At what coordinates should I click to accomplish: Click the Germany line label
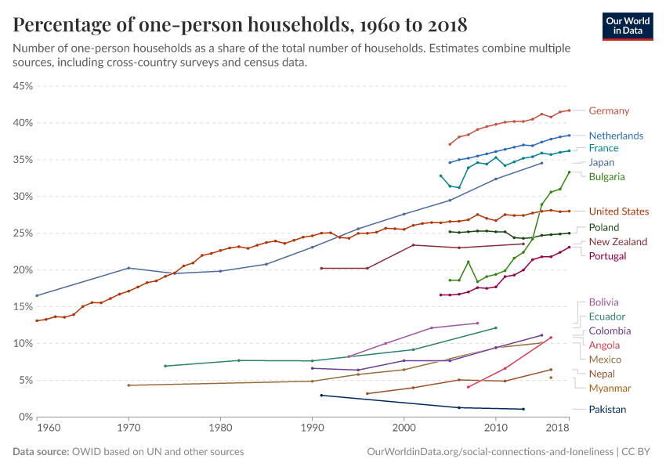coord(609,110)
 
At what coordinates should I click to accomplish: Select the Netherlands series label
coord(616,136)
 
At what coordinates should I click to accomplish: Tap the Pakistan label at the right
coord(607,409)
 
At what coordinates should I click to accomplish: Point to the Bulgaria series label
coord(607,177)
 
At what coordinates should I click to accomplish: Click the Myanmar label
coord(610,389)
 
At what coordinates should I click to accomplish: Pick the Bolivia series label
coord(603,302)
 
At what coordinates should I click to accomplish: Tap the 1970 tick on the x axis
coord(128,428)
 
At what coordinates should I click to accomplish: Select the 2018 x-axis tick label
coord(558,428)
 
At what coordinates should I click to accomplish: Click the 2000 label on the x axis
coord(404,428)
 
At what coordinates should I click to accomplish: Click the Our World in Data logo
coord(628,26)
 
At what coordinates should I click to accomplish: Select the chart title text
coord(240,25)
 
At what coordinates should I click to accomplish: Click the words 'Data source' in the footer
coord(39,452)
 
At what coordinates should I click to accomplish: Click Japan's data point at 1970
coord(128,268)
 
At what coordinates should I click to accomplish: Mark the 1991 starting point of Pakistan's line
coord(321,396)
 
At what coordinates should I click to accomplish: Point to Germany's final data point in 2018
coord(570,110)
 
